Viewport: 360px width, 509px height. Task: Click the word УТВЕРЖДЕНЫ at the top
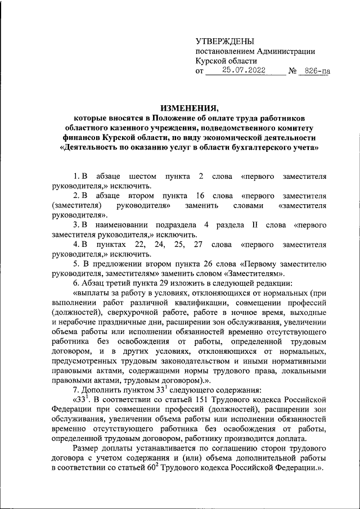pos(224,41)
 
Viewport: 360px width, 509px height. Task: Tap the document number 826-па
pos(315,71)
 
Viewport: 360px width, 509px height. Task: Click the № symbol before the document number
pos(292,71)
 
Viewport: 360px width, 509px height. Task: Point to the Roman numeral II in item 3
pos(254,225)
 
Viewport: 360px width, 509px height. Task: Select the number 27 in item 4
pos(197,245)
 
